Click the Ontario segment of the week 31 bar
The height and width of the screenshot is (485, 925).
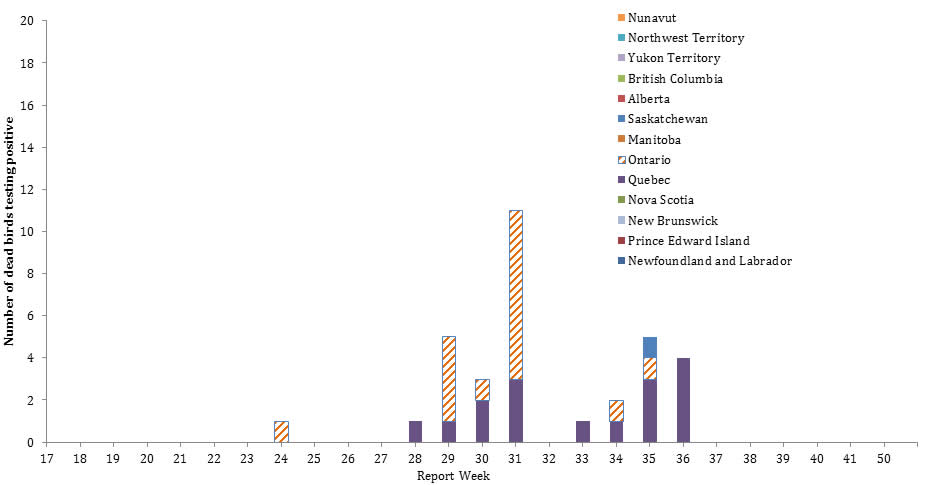[x=516, y=294]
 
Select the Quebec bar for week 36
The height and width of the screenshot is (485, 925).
[x=683, y=400]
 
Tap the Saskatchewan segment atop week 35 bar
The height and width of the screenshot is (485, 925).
[x=650, y=347]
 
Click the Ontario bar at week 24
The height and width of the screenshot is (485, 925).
[x=281, y=431]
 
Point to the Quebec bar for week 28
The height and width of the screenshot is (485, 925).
[x=415, y=431]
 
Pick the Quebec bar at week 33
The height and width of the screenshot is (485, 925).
[x=583, y=431]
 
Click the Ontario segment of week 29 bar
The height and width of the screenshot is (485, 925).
[x=449, y=378]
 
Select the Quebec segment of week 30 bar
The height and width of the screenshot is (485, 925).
[x=482, y=420]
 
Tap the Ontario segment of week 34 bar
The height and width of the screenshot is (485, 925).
[x=616, y=410]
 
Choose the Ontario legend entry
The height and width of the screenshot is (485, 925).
[x=649, y=160]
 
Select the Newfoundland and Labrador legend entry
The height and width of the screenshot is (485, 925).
[x=709, y=261]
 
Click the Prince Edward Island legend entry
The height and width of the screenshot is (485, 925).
[x=688, y=241]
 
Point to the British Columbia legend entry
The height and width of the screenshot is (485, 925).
[x=675, y=79]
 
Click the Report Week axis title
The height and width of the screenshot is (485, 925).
[x=453, y=475]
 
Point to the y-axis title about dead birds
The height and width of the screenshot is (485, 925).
[x=9, y=231]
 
